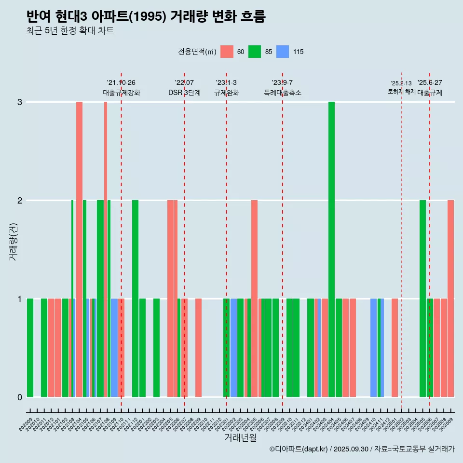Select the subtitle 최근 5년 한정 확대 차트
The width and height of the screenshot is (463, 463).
pos(70,31)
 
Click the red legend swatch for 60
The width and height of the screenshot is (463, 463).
pos(227,52)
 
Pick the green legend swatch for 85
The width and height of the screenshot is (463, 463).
pos(255,52)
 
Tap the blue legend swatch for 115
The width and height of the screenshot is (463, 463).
pos(283,52)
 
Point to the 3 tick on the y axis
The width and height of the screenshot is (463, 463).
pos(20,102)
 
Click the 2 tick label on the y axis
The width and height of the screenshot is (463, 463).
pos(20,201)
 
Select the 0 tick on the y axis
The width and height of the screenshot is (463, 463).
pos(20,397)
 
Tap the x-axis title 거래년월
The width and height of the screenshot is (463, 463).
pos(240,437)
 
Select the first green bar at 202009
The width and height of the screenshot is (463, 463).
pos(30,347)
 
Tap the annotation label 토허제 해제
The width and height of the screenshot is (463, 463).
pos(401,91)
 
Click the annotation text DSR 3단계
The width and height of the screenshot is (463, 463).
pos(184,93)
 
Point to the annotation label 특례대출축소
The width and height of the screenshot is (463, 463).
pos(283,93)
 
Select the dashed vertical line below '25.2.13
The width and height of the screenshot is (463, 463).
pos(402,241)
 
